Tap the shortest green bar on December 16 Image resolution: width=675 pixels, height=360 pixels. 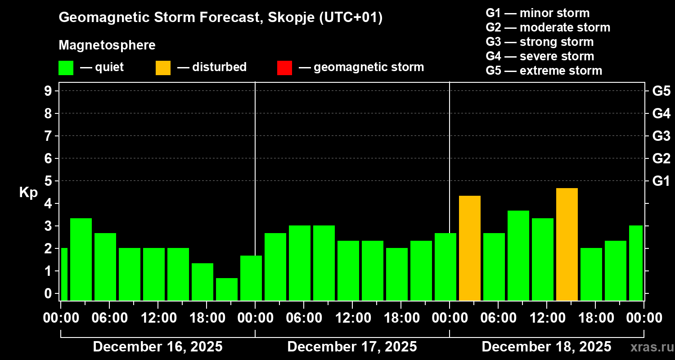(x=226, y=289)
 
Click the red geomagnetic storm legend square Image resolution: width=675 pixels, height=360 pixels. (x=284, y=67)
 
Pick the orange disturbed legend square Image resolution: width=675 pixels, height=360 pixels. (x=163, y=67)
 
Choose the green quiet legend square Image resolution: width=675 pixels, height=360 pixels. (x=66, y=67)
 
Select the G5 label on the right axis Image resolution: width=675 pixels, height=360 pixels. (x=661, y=91)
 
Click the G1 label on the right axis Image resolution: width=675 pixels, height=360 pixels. (x=661, y=181)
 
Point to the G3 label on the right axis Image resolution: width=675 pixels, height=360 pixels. (x=661, y=136)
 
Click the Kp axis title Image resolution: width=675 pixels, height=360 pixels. (x=28, y=193)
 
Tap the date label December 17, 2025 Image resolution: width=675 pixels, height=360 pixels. (x=352, y=346)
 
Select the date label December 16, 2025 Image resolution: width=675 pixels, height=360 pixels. (x=157, y=346)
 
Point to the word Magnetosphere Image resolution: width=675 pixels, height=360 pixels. (x=107, y=45)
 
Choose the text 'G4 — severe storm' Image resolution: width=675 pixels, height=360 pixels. (x=540, y=56)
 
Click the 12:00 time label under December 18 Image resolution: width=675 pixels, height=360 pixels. (x=546, y=318)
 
